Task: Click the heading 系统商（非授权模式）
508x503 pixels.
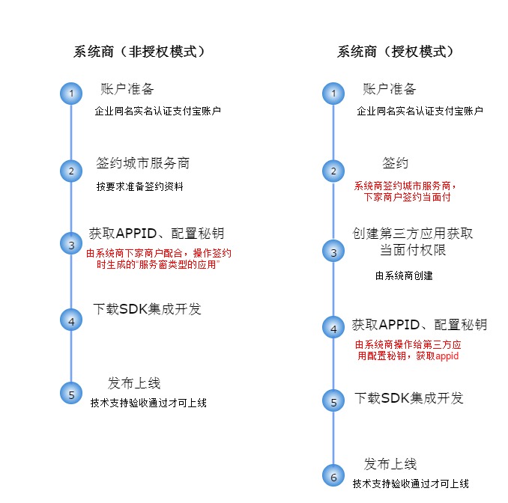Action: point(139,52)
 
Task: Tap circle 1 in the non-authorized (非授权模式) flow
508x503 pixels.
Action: point(71,94)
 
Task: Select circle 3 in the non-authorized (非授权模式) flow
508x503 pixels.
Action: point(71,244)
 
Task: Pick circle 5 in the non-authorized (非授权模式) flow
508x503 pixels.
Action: point(71,394)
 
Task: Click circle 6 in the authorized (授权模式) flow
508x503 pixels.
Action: point(333,475)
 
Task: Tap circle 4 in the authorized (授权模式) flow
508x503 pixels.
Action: point(333,327)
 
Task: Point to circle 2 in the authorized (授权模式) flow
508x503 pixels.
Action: point(333,171)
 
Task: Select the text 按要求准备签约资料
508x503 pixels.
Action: point(139,186)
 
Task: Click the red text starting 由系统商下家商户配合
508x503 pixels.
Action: point(158,253)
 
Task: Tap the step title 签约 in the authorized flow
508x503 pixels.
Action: point(395,163)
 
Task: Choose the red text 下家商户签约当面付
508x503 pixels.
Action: point(406,198)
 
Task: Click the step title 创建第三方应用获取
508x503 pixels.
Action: point(413,234)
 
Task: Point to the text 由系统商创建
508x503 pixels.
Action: point(404,276)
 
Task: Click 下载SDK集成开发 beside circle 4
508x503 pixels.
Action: point(147,309)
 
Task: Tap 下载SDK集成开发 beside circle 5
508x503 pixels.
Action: point(409,397)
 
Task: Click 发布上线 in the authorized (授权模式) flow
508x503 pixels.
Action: point(390,464)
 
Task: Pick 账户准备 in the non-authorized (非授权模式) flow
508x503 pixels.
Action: point(127,89)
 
